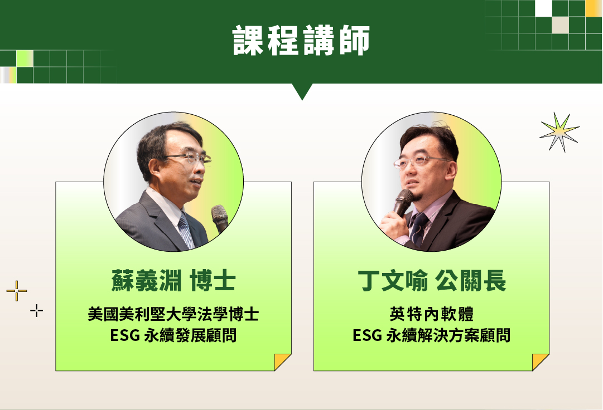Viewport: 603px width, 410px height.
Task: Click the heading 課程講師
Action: coord(301,40)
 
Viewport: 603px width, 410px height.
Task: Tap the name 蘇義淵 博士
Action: coord(173,281)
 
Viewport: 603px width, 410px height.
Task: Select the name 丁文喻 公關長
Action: coord(432,281)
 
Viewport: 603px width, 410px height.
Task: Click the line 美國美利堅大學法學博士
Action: coord(173,314)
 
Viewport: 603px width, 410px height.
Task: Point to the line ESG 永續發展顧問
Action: coord(173,335)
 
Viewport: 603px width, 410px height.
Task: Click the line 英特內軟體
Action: coord(432,314)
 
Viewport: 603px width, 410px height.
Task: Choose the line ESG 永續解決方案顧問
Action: coord(432,335)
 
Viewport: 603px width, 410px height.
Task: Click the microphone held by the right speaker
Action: coord(402,203)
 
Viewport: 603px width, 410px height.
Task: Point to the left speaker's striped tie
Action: coord(186,231)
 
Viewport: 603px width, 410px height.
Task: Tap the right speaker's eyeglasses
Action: coord(421,162)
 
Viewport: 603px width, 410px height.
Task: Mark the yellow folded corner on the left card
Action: coord(281,361)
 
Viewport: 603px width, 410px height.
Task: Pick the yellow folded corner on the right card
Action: coord(539,361)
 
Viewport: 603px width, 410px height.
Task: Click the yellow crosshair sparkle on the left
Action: coord(17,291)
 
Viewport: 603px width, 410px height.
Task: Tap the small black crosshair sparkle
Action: coord(36,311)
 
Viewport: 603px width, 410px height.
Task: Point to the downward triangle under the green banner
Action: coord(302,91)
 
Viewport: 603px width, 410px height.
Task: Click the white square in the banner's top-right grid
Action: coord(543,8)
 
